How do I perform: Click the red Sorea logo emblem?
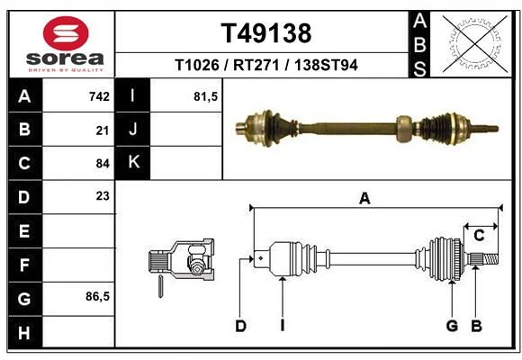pyautogui.click(x=66, y=33)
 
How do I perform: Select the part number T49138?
pyautogui.click(x=266, y=33)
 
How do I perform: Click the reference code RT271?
pyautogui.click(x=256, y=65)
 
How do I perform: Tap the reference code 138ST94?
pyautogui.click(x=326, y=65)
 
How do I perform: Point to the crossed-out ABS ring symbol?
pyautogui.click(x=475, y=43)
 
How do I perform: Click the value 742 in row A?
pyautogui.click(x=99, y=96)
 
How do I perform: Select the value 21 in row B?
pyautogui.click(x=103, y=130)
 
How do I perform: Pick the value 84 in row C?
pyautogui.click(x=103, y=164)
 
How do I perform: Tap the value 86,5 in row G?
pyautogui.click(x=97, y=296)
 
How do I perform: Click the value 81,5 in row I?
pyautogui.click(x=206, y=96)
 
